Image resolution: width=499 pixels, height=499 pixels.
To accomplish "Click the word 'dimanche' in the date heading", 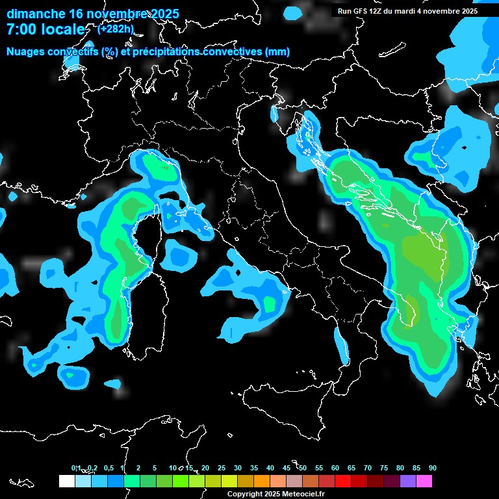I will click(x=35, y=14).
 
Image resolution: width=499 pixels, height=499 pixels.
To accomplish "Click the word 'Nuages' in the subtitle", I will click(x=26, y=52).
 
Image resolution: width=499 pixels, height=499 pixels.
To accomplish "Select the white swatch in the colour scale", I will click(x=66, y=481).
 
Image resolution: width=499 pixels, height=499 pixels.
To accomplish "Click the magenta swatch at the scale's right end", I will click(x=424, y=481).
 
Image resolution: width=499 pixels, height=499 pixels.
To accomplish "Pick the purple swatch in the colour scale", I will click(x=407, y=481).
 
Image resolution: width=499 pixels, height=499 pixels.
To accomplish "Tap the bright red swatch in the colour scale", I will click(x=342, y=481).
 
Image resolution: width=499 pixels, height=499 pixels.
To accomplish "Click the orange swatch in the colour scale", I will click(x=261, y=481).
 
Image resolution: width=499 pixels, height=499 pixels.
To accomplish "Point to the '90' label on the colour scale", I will click(x=432, y=468).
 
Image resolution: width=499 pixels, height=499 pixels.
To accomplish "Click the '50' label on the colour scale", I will click(x=302, y=468).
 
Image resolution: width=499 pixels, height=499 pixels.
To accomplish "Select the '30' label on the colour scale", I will click(x=237, y=468).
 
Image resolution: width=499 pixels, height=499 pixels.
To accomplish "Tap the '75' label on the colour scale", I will click(x=383, y=468).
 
